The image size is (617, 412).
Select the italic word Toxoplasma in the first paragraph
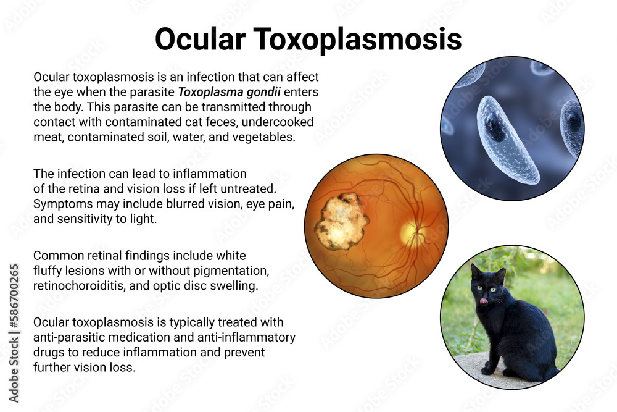point(208,93)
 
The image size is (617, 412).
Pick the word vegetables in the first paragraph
point(260,137)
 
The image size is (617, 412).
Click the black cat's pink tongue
point(484,301)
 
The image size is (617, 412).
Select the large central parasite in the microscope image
point(507,141)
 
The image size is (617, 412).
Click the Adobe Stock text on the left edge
point(12,363)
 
